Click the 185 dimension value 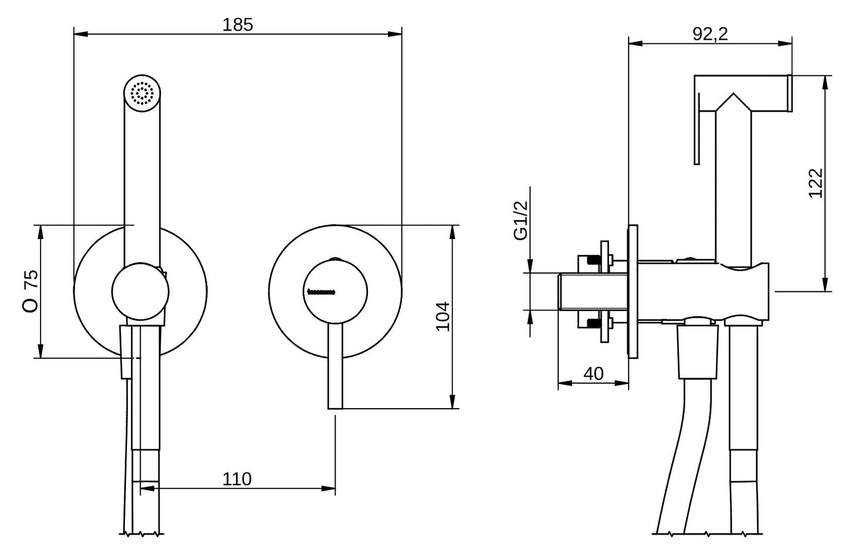(x=238, y=25)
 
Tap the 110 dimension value (x=237, y=479)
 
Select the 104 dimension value (x=443, y=316)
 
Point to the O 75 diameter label (x=31, y=291)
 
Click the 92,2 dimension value (x=710, y=34)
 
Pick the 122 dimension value (x=816, y=183)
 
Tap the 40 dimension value (x=594, y=373)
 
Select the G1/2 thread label (x=521, y=220)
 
